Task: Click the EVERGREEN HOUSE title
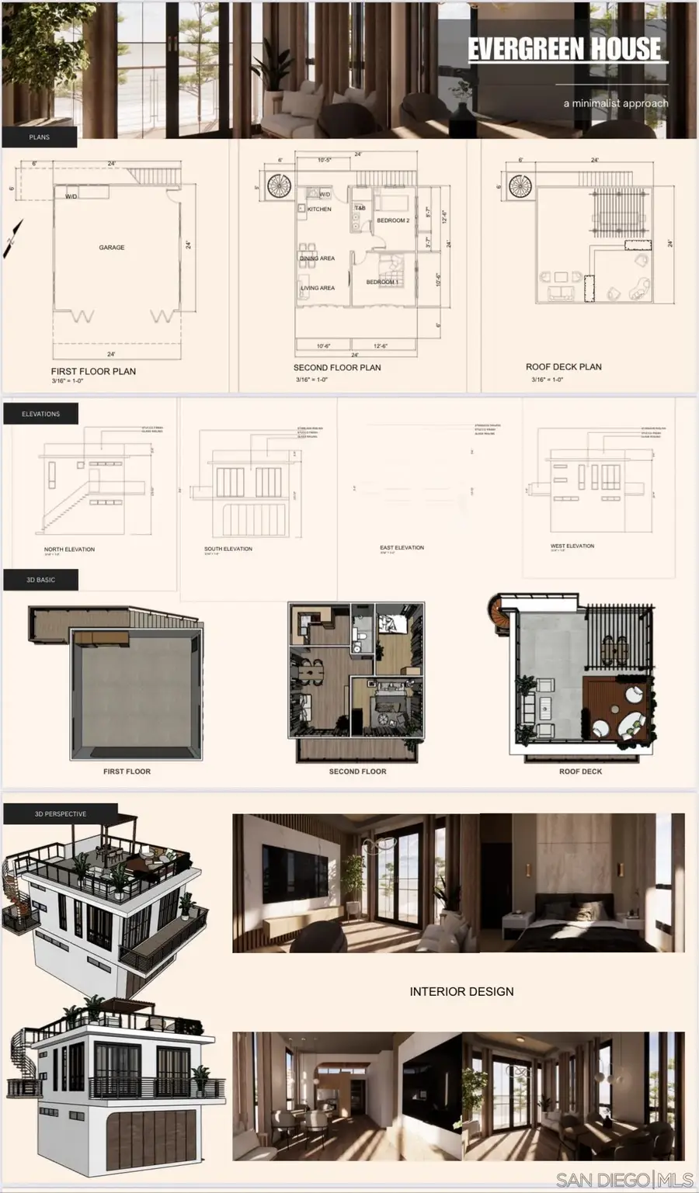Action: (x=565, y=49)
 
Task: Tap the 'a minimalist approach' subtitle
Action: (x=616, y=103)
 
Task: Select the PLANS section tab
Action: (x=40, y=137)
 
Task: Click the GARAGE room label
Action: (x=112, y=248)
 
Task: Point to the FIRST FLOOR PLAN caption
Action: (x=93, y=372)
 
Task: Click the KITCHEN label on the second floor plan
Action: (x=319, y=210)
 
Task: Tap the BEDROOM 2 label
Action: (x=393, y=220)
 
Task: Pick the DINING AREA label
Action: (x=318, y=258)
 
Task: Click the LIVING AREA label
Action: (x=318, y=288)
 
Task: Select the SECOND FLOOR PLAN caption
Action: (x=337, y=368)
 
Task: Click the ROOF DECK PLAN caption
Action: (x=564, y=367)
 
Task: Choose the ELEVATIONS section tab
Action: (x=41, y=414)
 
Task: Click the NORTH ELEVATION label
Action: (x=69, y=550)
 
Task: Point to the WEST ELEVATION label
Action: (x=572, y=546)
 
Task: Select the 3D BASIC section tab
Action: (x=41, y=580)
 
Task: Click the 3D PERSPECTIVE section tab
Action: (x=61, y=814)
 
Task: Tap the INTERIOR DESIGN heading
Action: (x=461, y=992)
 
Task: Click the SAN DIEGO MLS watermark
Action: (x=624, y=1180)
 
